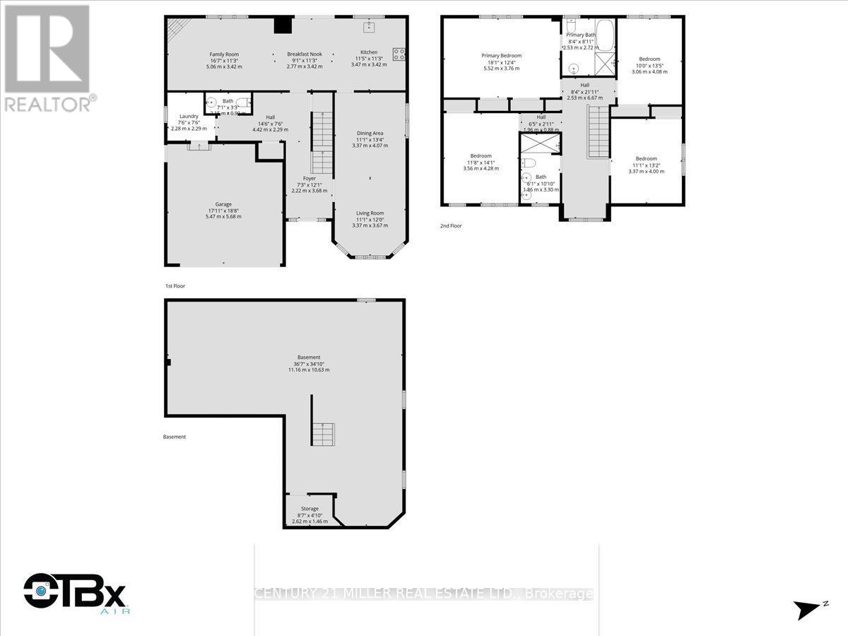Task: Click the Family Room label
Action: coord(223,54)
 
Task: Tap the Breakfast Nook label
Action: coord(305,54)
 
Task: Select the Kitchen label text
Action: coord(369,52)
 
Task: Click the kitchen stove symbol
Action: coord(399,54)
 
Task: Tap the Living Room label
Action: coord(369,213)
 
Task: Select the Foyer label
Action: coord(310,179)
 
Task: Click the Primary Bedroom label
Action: coord(501,56)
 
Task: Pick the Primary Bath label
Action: coord(581,35)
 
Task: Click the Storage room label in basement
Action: coord(310,508)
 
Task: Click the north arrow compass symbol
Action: coord(808,608)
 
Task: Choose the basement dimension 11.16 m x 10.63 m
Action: coord(308,370)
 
